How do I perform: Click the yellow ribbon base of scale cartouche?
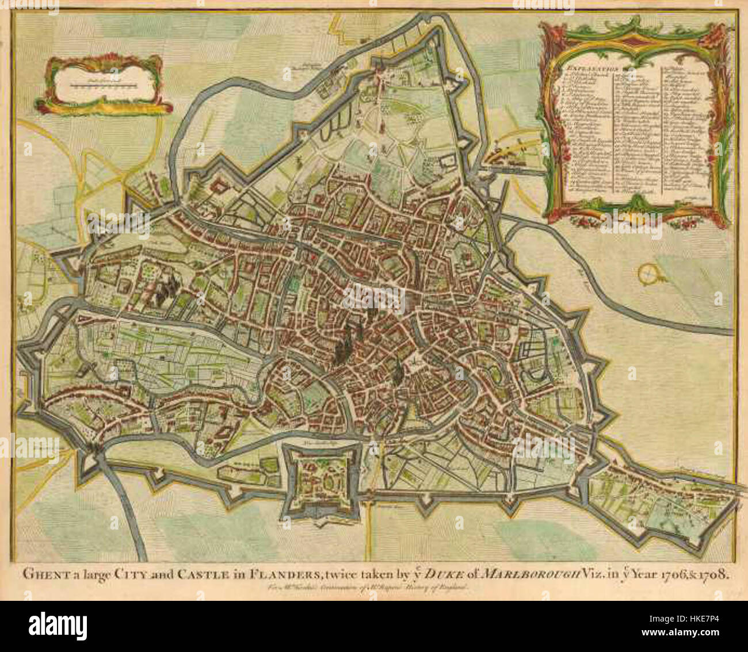tap(104, 106)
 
